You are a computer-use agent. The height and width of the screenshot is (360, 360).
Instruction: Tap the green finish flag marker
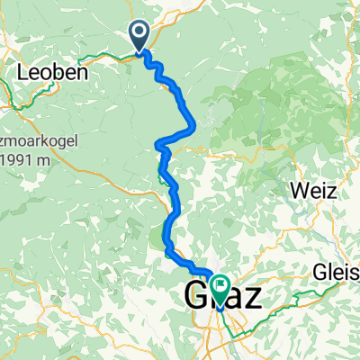218,286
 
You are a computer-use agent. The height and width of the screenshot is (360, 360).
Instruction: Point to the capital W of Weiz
296,191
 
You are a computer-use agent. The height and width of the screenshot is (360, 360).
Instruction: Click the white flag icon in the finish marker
218,283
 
